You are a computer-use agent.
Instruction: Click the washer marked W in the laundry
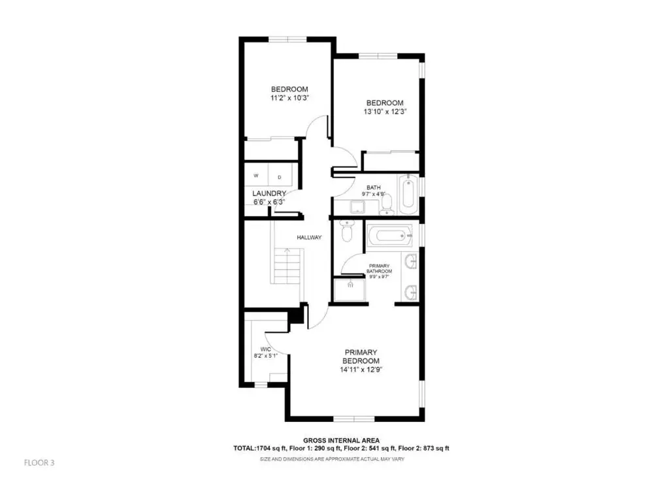[x=256, y=175]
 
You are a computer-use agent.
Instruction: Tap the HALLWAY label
[x=309, y=238]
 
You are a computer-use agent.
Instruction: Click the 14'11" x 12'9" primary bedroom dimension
[x=361, y=370]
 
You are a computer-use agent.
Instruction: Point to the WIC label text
[x=265, y=349]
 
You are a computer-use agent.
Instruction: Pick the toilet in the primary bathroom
[x=347, y=231]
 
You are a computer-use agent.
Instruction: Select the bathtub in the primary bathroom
[x=390, y=235]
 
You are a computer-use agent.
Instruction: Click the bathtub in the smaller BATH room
[x=408, y=195]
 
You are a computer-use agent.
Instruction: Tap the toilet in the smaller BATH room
[x=387, y=204]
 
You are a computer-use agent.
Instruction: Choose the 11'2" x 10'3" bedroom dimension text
[x=289, y=98]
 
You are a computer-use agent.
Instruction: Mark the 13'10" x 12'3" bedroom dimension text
[x=385, y=112]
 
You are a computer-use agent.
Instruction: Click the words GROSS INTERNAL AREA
[x=341, y=441]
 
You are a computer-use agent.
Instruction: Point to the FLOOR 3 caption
[x=39, y=462]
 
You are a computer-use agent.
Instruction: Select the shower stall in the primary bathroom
[x=350, y=290]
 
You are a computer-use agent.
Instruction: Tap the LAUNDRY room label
[x=269, y=193]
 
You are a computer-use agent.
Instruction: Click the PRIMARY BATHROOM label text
[x=380, y=268]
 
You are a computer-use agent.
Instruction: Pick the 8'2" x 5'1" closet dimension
[x=266, y=356]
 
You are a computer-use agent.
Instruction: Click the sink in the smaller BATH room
[x=357, y=207]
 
